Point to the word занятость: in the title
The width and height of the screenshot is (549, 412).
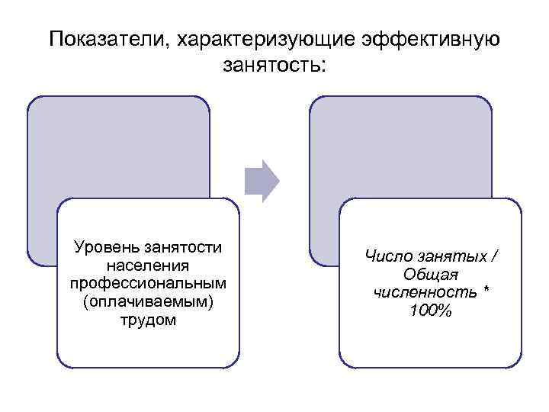(274, 66)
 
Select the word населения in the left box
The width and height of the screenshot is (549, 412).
(148, 266)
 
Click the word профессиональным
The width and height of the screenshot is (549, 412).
(148, 283)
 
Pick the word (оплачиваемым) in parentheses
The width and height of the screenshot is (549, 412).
(148, 301)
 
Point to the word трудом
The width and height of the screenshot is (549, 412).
(148, 320)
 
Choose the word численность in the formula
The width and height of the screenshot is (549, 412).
(421, 292)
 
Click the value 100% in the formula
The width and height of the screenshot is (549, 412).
(431, 311)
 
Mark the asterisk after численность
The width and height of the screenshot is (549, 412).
(485, 291)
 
